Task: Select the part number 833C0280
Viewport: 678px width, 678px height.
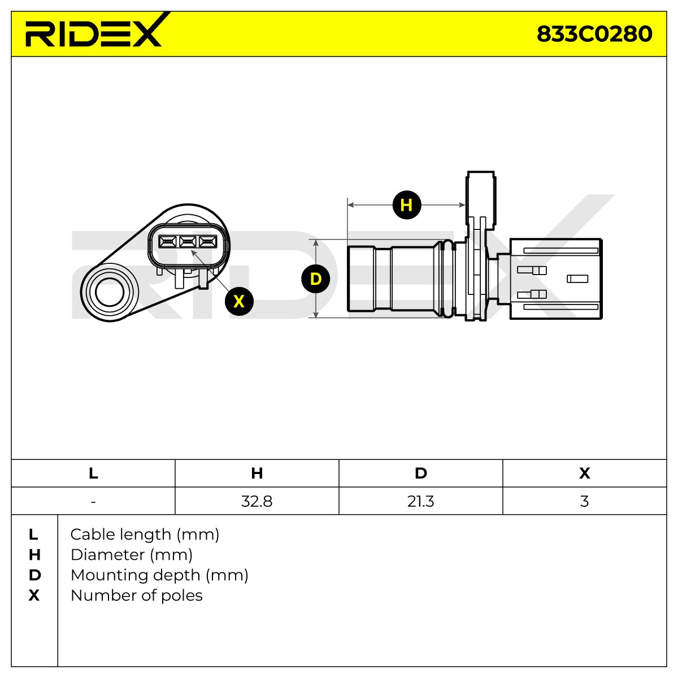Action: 594,34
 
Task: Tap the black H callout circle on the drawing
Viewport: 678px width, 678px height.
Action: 407,205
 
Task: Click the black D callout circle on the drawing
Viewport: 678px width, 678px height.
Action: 316,279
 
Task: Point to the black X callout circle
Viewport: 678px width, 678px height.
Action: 239,301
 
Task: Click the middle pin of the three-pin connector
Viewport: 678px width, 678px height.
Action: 188,242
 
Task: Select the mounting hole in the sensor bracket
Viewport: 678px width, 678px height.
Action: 110,292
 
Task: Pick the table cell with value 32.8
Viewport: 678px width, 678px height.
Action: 257,501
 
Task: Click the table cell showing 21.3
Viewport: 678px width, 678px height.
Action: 421,501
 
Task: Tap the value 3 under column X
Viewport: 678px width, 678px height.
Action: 584,501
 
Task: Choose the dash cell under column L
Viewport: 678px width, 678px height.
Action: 93,501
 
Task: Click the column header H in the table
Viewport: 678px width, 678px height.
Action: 257,473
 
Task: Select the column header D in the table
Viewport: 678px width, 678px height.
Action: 421,473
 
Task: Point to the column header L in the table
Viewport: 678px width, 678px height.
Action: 93,473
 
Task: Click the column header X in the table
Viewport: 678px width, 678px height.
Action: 584,473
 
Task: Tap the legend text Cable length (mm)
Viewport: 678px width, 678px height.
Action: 145,535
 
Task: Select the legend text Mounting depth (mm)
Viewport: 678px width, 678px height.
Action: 159,576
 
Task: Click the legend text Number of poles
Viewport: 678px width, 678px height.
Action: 137,596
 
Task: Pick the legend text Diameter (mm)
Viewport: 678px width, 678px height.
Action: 132,555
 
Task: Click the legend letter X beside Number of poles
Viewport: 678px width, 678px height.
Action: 34,596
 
